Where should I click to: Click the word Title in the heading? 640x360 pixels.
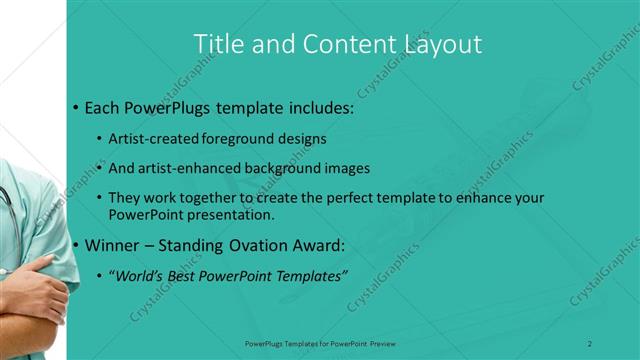click(215, 44)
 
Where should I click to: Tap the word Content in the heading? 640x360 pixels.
click(330, 44)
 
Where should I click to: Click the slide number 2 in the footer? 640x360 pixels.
click(590, 343)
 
